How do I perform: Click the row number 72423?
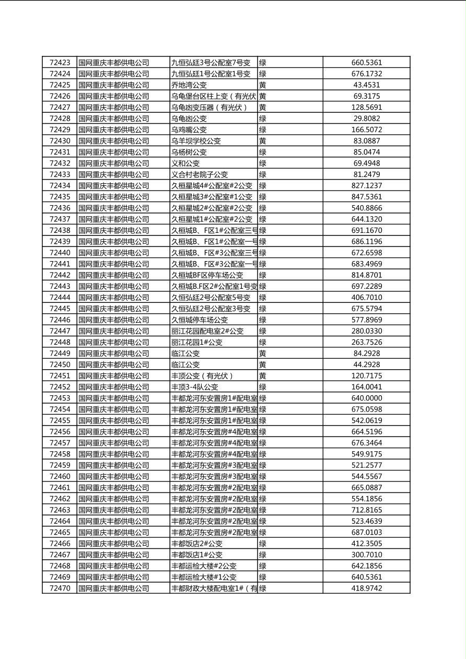pos(60,63)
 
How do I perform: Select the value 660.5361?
pos(367,63)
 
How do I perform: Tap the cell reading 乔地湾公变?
pos(189,85)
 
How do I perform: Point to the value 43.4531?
pos(367,85)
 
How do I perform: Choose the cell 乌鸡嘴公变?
pos(189,130)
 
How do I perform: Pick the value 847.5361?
pos(367,197)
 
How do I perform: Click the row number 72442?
pos(60,275)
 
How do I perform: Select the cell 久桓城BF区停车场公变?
pos(207,275)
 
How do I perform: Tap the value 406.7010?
pos(367,298)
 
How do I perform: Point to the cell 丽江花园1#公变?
pos(197,343)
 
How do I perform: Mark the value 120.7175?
pos(367,376)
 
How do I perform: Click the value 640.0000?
pos(367,398)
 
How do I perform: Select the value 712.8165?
pos(367,510)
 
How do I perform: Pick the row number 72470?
pos(60,589)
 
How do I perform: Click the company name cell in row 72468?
pos(114,566)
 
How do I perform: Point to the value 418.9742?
pos(367,589)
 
